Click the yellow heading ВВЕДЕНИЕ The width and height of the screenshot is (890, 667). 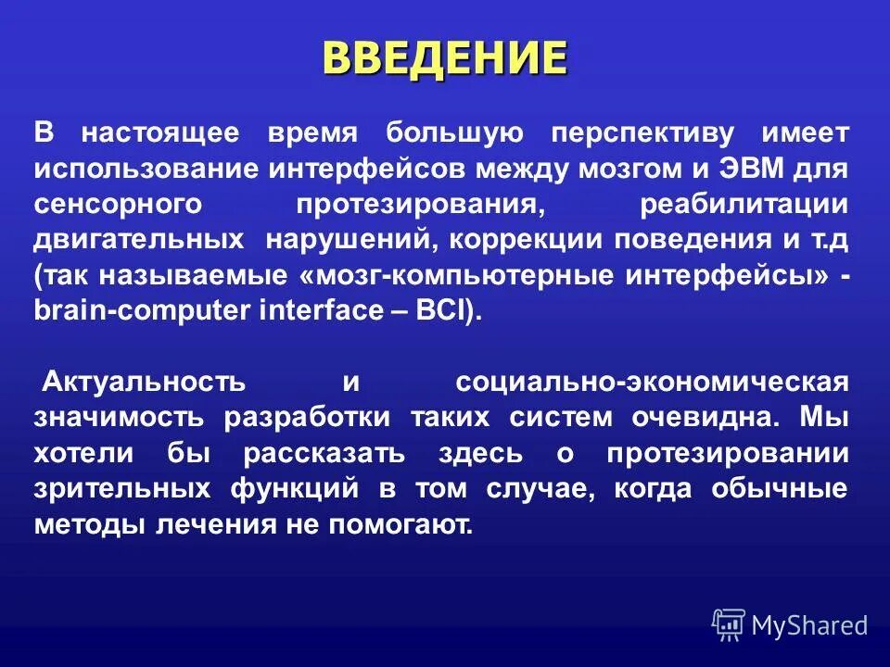444,57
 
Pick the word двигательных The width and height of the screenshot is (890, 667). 139,239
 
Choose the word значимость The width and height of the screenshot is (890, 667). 121,417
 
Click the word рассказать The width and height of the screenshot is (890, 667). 324,453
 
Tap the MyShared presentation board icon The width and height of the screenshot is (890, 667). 729,625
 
